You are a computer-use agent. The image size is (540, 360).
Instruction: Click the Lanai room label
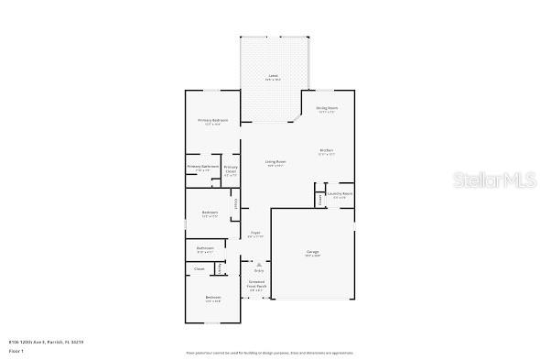pyautogui.click(x=273, y=75)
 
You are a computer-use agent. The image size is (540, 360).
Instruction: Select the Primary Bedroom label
pyautogui.click(x=213, y=121)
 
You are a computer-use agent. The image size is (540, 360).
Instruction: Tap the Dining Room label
pyautogui.click(x=327, y=108)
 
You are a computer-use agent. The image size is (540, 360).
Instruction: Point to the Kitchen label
pyautogui.click(x=326, y=150)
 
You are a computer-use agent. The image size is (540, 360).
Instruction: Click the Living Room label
pyautogui.click(x=275, y=162)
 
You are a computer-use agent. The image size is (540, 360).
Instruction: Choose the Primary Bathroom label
pyautogui.click(x=203, y=167)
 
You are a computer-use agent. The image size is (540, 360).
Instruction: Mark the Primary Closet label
pyautogui.click(x=231, y=169)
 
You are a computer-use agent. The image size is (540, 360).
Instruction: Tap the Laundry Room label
pyautogui.click(x=340, y=193)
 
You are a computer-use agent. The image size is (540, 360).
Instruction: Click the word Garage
pyautogui.click(x=312, y=252)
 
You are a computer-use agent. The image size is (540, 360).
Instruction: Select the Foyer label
pyautogui.click(x=256, y=233)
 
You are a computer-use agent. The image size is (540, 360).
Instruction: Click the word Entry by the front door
pyautogui.click(x=259, y=271)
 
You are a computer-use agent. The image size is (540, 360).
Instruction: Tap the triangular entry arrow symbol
pyautogui.click(x=259, y=264)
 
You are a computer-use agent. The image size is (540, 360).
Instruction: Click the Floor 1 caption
pyautogui.click(x=16, y=351)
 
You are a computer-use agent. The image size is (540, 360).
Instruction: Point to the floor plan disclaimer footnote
pyautogui.click(x=269, y=352)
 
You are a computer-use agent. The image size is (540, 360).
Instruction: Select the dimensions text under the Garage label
pyautogui.click(x=312, y=256)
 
